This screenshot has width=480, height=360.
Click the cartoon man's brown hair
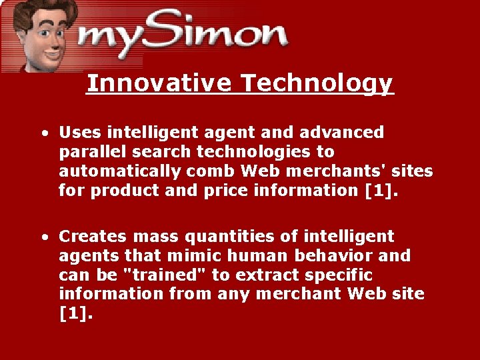(x=40, y=8)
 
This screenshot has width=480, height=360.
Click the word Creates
(x=93, y=237)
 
